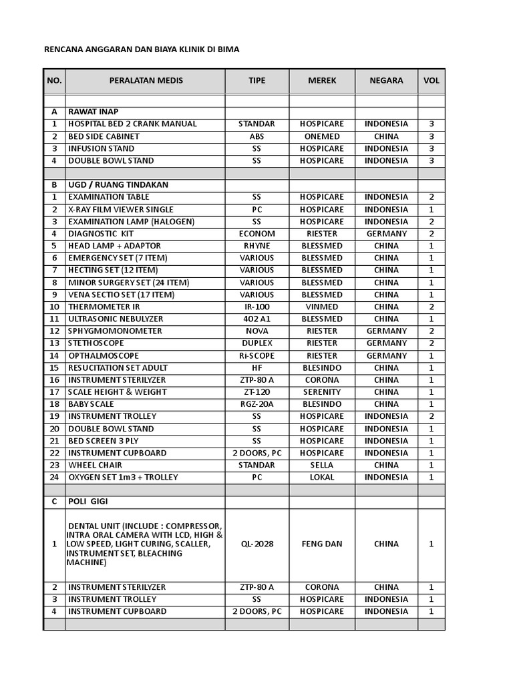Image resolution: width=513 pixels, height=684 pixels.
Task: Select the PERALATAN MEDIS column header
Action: [146, 81]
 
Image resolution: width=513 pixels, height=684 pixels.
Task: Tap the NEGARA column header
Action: [386, 81]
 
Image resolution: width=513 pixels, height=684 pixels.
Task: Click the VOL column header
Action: [431, 81]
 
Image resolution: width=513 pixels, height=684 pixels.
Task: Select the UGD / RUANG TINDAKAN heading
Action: [118, 184]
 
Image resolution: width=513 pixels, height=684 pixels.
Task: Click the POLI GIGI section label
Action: [88, 502]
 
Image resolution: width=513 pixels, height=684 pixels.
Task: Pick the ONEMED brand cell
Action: [322, 136]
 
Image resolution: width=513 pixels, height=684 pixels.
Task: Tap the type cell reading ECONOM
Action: [256, 234]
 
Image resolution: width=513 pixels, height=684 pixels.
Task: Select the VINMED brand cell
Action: [322, 307]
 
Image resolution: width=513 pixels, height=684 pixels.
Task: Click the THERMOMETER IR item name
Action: [104, 307]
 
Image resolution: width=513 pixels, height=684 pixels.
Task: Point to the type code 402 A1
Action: [256, 319]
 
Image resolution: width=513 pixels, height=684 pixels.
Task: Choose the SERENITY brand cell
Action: [322, 392]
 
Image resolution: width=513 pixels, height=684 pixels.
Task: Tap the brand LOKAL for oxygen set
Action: [322, 477]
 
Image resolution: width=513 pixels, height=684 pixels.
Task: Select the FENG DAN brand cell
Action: [322, 544]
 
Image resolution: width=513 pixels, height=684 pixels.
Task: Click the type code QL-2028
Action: [256, 544]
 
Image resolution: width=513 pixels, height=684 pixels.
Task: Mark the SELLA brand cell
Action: [322, 465]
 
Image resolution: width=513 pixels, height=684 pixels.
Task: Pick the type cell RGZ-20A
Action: [256, 404]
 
